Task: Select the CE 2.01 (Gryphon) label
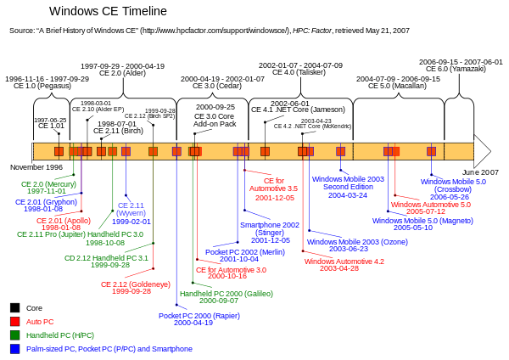click(x=46, y=205)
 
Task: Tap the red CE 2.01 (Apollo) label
click(x=59, y=223)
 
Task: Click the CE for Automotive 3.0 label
click(x=231, y=273)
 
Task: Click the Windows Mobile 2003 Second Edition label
click(x=348, y=188)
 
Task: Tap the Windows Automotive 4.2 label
click(x=344, y=265)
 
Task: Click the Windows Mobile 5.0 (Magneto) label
click(x=414, y=224)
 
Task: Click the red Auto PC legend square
click(x=14, y=322)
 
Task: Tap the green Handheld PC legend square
click(x=14, y=335)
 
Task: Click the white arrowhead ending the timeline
click(x=481, y=151)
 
